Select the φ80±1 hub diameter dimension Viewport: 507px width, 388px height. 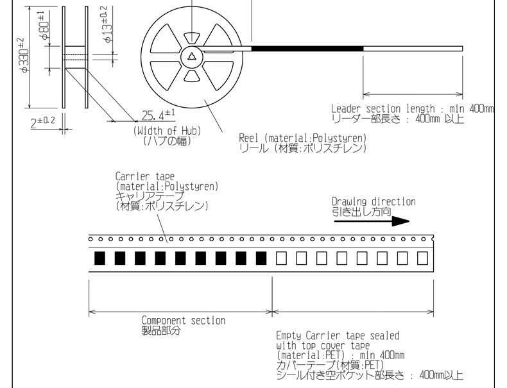click(x=45, y=26)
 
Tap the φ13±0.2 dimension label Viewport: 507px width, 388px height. click(x=108, y=25)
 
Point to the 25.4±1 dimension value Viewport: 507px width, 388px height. click(x=158, y=115)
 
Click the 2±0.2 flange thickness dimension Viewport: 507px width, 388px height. click(x=43, y=122)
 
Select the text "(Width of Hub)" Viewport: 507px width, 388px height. click(x=167, y=131)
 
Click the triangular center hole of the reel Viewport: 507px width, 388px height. click(x=191, y=57)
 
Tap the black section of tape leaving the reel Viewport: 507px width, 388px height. click(x=307, y=49)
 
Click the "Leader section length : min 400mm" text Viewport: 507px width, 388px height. click(x=412, y=108)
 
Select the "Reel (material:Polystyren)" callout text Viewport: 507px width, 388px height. click(x=303, y=138)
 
